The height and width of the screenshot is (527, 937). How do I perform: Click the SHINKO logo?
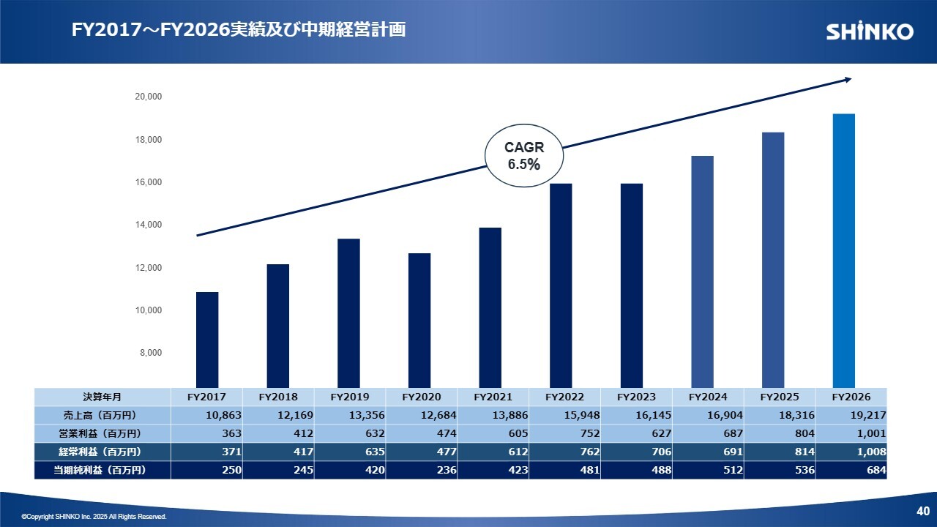click(870, 31)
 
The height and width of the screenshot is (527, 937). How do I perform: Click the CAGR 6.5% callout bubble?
click(523, 156)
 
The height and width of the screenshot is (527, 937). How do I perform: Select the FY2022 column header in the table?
click(564, 397)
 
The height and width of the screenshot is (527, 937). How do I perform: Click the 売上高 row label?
click(102, 415)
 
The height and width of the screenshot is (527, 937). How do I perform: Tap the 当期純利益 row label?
click(102, 470)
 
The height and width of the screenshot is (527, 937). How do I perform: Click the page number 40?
click(922, 510)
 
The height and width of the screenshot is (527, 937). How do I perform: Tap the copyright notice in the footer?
click(94, 517)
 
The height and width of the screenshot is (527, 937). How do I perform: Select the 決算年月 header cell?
click(102, 397)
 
